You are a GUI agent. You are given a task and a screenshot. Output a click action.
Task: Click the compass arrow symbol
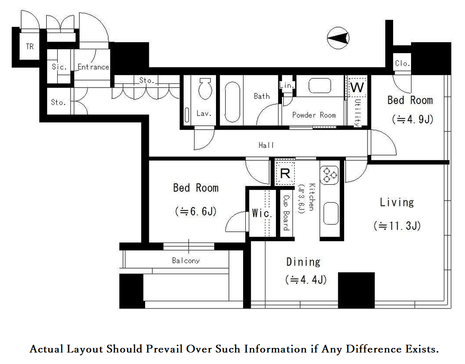(x=338, y=38)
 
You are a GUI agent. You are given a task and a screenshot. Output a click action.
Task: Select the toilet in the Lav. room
(x=205, y=88)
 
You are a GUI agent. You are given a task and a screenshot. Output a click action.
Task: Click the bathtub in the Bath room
(x=232, y=102)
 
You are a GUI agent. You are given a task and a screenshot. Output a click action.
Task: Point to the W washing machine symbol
(x=357, y=87)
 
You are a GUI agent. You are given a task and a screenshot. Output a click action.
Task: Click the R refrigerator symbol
(x=285, y=173)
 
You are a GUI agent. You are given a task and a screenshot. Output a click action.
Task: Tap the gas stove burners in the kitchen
(x=330, y=175)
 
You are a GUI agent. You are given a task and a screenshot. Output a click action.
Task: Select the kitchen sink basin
(x=330, y=213)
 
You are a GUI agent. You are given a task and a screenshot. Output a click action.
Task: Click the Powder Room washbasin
(x=319, y=86)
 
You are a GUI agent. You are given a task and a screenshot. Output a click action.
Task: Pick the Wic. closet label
(x=262, y=213)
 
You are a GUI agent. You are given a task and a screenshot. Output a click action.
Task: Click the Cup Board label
(x=286, y=213)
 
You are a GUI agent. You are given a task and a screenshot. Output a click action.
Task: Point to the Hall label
(x=266, y=145)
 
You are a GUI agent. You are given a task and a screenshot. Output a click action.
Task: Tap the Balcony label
(x=186, y=260)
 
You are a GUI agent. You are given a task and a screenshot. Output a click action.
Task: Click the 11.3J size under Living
(x=397, y=226)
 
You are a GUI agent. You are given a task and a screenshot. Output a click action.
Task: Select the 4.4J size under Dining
(x=306, y=280)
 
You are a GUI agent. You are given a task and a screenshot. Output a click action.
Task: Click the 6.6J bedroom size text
(x=196, y=211)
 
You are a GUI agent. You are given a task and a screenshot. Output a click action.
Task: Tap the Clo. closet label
(x=402, y=63)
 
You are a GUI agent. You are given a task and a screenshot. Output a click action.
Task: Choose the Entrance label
(x=93, y=67)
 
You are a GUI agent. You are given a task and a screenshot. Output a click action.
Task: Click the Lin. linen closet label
(x=287, y=86)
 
